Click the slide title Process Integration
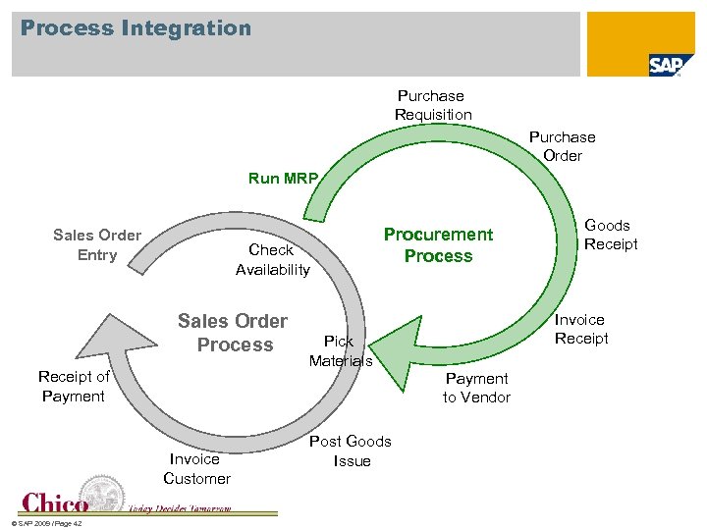pos(136,28)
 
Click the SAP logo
pos(672,65)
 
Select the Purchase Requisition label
pos(432,105)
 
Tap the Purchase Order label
pos(562,146)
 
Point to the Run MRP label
pos(283,179)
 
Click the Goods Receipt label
pos(610,235)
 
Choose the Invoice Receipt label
pos(580,329)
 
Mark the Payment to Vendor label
pos(476,388)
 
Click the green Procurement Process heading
pos(438,244)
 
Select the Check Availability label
pos(272,259)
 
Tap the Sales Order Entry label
pos(97,245)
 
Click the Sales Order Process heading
pos(234,333)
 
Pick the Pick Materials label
pos(340,350)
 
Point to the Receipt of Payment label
pos(74,386)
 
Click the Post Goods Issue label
pos(351,450)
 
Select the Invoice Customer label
pos(196,468)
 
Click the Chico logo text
pos(55,503)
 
